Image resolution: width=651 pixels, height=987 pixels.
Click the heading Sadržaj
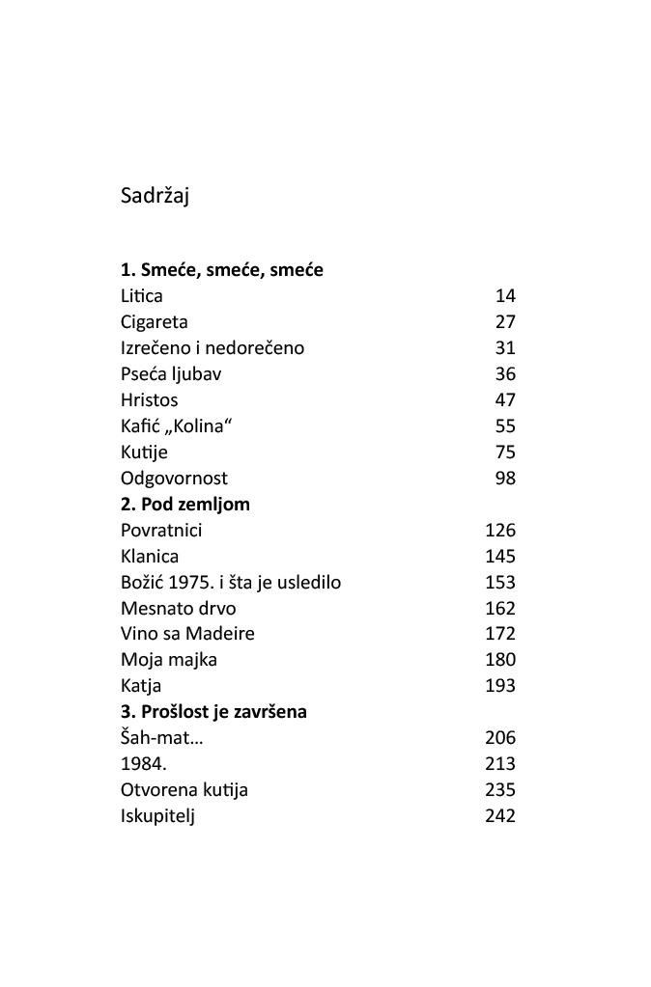click(155, 196)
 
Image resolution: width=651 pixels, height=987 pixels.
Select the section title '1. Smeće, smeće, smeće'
click(222, 270)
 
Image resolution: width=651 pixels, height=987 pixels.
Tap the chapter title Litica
click(142, 296)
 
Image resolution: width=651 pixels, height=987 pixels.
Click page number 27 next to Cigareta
click(505, 322)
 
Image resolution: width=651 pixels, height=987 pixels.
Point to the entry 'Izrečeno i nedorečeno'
click(212, 348)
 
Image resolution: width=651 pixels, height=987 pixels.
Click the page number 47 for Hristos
click(505, 400)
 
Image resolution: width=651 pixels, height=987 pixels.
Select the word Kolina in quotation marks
click(197, 426)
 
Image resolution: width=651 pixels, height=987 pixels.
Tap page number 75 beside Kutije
click(505, 452)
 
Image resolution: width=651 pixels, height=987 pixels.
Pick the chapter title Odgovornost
click(175, 479)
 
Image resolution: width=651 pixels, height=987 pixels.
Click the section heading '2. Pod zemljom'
click(185, 505)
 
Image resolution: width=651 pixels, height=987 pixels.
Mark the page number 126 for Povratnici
click(500, 531)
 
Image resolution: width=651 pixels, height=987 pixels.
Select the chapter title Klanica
click(150, 557)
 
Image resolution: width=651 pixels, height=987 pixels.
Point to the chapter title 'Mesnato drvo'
click(179, 609)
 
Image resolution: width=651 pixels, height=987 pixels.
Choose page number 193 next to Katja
click(500, 686)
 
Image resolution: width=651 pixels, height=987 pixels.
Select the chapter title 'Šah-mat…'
click(163, 738)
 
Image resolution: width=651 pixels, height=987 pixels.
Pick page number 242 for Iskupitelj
click(500, 816)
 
